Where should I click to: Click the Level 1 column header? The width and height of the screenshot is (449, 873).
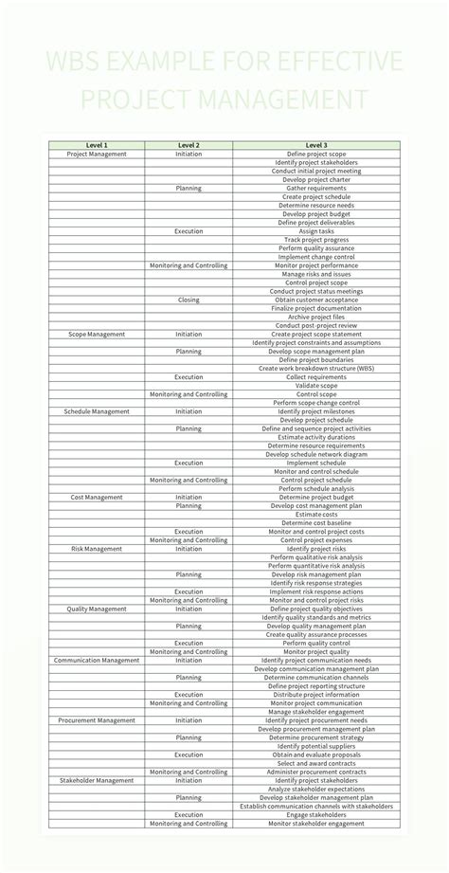coord(97,145)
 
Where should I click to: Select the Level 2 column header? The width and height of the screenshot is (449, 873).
coord(189,145)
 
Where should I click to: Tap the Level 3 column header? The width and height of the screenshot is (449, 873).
coord(316,145)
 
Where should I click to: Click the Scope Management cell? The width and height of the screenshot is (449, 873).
coord(97,334)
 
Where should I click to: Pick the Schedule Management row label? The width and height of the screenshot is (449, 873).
coord(97,411)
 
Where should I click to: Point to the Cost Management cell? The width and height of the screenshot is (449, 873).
coord(97,497)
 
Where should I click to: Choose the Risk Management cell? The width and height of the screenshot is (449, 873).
coord(97,549)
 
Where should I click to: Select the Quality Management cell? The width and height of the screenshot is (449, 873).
coord(97,609)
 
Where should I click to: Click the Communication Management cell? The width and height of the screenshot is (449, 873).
coord(97,660)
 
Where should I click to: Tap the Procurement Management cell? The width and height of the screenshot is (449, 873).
coord(97,720)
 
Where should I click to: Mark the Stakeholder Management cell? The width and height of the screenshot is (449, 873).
coord(97,780)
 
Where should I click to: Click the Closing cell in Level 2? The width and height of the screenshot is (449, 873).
coord(189,300)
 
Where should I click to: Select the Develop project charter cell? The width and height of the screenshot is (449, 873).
coord(316,179)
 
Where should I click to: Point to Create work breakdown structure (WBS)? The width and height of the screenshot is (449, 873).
coord(316,368)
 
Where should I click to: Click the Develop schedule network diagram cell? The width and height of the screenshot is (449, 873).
coord(316,454)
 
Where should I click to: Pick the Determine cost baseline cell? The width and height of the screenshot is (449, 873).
coord(316,522)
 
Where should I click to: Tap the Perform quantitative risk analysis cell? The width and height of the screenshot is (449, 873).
coord(316,566)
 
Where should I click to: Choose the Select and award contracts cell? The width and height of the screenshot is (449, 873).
coord(316,763)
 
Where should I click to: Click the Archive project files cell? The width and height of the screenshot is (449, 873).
coord(316,317)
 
